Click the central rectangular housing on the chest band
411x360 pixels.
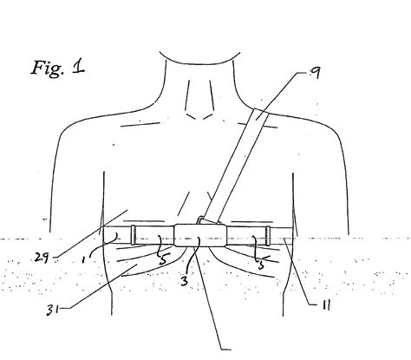click(x=197, y=235)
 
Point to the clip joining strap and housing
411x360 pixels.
click(x=204, y=220)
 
